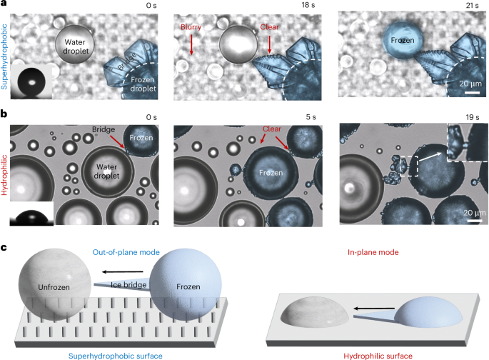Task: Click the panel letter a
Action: pyautogui.click(x=4, y=4)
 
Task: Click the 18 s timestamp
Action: pyautogui.click(x=308, y=5)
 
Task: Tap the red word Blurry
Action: pyautogui.click(x=191, y=27)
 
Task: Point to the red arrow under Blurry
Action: pyautogui.click(x=191, y=44)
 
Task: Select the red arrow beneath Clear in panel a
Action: pyautogui.click(x=269, y=44)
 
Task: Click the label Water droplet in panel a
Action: pyautogui.click(x=75, y=46)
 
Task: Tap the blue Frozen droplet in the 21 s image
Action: pyautogui.click(x=403, y=40)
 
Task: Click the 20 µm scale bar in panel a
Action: pyautogui.click(x=472, y=93)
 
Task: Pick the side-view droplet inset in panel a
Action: pyautogui.click(x=31, y=83)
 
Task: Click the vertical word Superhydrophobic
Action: pyautogui.click(x=4, y=56)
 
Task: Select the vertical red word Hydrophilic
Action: pyautogui.click(x=4, y=175)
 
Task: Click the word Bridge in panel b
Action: pyautogui.click(x=104, y=129)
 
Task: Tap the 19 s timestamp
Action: pyautogui.click(x=472, y=117)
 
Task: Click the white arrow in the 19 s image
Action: pyautogui.click(x=430, y=156)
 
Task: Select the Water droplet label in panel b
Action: pyautogui.click(x=106, y=171)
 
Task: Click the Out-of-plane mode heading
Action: pyautogui.click(x=126, y=252)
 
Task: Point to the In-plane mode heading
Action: pyautogui.click(x=373, y=252)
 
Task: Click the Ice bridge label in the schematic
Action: pyautogui.click(x=128, y=285)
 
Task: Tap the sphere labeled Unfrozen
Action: pyautogui.click(x=55, y=285)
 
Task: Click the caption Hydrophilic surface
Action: pyautogui.click(x=378, y=356)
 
